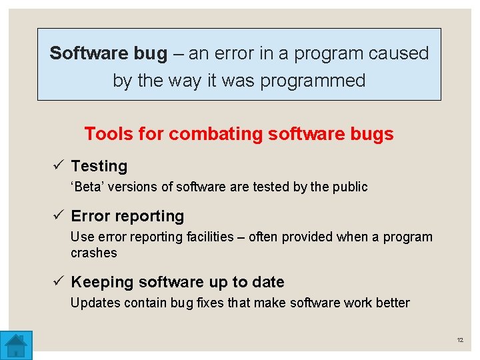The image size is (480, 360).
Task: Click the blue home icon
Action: (x=16, y=345)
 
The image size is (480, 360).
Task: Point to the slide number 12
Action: (x=460, y=341)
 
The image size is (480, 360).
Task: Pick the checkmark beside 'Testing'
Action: (x=59, y=166)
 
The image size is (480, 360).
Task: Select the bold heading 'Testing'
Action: (x=99, y=166)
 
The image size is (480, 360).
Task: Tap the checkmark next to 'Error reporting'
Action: (x=59, y=216)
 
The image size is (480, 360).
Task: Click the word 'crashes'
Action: (x=93, y=253)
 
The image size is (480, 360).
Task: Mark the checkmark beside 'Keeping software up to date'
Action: (x=59, y=282)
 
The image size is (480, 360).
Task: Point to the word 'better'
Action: (x=392, y=303)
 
